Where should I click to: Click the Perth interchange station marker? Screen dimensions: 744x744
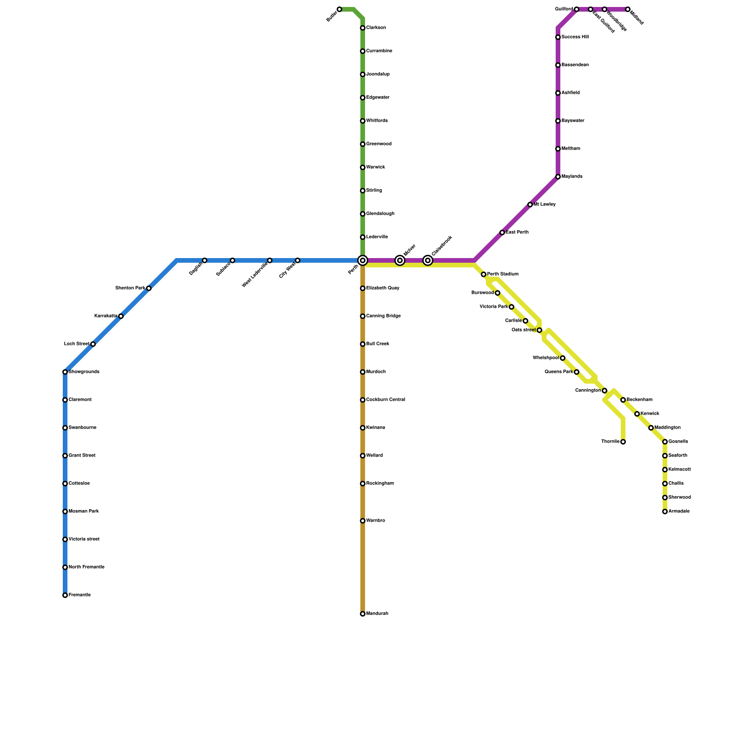click(x=363, y=260)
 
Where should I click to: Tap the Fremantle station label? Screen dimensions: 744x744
click(x=80, y=595)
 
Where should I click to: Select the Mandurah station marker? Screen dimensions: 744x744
click(x=363, y=614)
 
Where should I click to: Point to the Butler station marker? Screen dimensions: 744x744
click(x=339, y=9)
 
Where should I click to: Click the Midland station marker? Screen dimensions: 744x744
click(x=628, y=9)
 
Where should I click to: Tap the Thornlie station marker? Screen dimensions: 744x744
click(x=623, y=442)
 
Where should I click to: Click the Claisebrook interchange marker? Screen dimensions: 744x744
click(x=428, y=260)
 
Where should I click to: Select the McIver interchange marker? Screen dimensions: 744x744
click(x=400, y=260)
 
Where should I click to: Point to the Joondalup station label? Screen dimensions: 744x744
click(x=378, y=74)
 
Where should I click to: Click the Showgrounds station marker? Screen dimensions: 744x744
click(x=65, y=372)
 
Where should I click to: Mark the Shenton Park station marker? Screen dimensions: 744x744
click(x=149, y=288)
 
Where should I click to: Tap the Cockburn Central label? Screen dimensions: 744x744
click(x=385, y=400)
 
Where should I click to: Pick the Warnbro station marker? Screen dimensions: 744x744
click(x=363, y=521)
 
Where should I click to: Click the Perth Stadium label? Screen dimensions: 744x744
click(x=503, y=274)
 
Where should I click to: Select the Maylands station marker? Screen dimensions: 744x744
click(x=558, y=177)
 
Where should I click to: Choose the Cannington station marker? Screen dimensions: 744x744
click(x=604, y=391)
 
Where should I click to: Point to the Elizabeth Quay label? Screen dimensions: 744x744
click(x=383, y=288)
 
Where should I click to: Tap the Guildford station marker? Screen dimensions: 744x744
click(x=577, y=9)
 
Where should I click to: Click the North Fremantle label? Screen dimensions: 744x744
click(x=86, y=567)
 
